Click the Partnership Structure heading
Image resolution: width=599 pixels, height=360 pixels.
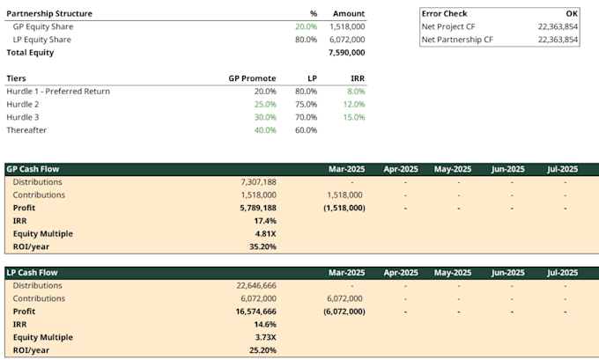point(49,14)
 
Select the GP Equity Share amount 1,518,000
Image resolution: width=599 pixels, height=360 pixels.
point(347,26)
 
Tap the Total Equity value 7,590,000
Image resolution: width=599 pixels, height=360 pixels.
point(346,53)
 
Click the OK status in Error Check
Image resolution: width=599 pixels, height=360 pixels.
point(572,14)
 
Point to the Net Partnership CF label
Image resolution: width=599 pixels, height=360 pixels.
point(457,40)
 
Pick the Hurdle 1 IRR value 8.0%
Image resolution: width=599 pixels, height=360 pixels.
point(356,92)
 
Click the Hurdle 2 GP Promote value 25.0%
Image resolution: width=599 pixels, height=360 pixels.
point(265,105)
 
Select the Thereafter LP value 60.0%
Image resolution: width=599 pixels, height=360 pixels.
point(306,130)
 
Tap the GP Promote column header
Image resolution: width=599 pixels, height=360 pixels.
point(252,78)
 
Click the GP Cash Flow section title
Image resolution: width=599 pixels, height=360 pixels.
point(33,169)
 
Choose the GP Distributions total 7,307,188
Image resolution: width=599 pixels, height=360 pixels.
point(258,182)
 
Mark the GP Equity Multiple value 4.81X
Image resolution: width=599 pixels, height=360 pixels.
point(265,234)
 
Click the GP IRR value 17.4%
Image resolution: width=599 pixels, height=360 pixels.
point(265,221)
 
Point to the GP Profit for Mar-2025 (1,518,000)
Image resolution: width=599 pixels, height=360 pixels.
point(344,208)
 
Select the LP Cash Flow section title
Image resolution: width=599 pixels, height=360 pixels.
point(32,273)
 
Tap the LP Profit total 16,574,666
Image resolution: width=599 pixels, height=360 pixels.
point(256,312)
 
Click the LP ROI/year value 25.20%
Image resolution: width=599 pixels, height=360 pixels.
point(263,350)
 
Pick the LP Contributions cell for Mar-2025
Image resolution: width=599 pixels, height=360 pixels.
point(344,298)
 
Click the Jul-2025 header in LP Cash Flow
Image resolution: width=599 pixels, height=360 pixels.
point(562,273)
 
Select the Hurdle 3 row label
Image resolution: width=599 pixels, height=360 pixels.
point(23,118)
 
